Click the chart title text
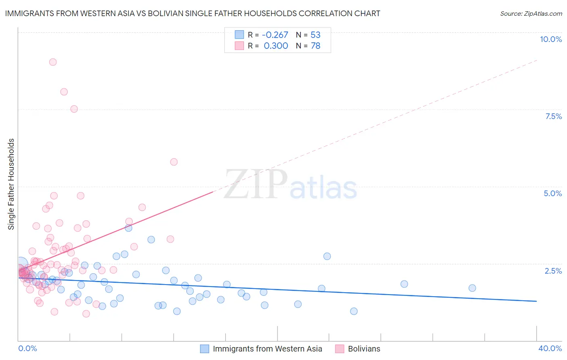pos(192,14)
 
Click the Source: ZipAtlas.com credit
pos(531,14)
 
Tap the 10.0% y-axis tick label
pos(550,39)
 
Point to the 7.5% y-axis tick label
pos(553,116)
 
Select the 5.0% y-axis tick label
pos(552,193)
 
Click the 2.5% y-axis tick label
pos(553,271)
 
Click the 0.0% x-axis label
pos(27,348)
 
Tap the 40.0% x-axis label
pos(550,348)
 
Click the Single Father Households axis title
pos(11,184)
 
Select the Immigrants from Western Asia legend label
pos(267,349)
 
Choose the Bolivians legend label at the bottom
pos(364,349)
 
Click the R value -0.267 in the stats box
pos(275,35)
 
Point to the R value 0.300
pos(276,46)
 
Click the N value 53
pos(315,35)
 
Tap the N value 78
pos(315,46)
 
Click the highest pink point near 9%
pos(53,62)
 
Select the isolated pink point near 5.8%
pos(174,162)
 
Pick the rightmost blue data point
pos(472,288)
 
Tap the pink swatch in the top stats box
pos(240,46)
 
